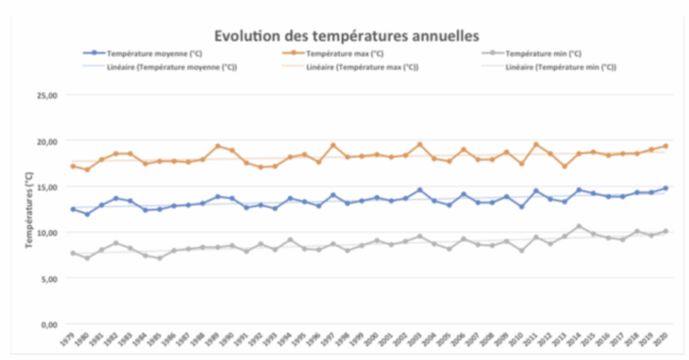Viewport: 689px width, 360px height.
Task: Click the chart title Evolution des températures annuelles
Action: pos(347,35)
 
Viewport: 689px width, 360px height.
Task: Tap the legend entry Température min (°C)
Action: pos(543,53)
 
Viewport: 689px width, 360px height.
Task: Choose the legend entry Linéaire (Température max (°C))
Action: pos(362,67)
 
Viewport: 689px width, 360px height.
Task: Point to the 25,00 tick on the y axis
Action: pos(47,96)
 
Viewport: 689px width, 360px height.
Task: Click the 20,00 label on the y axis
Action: pos(47,141)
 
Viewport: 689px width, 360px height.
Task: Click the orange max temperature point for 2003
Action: pos(420,145)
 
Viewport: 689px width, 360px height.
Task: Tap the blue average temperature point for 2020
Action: pos(665,188)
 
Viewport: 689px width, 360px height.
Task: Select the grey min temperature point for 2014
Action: pos(579,226)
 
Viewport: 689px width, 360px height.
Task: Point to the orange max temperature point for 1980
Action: pos(87,170)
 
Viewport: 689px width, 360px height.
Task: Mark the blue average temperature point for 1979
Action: pos(73,209)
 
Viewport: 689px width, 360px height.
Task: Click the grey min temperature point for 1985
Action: pos(159,258)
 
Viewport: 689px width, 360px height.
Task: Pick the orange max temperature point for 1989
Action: pos(217,146)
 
